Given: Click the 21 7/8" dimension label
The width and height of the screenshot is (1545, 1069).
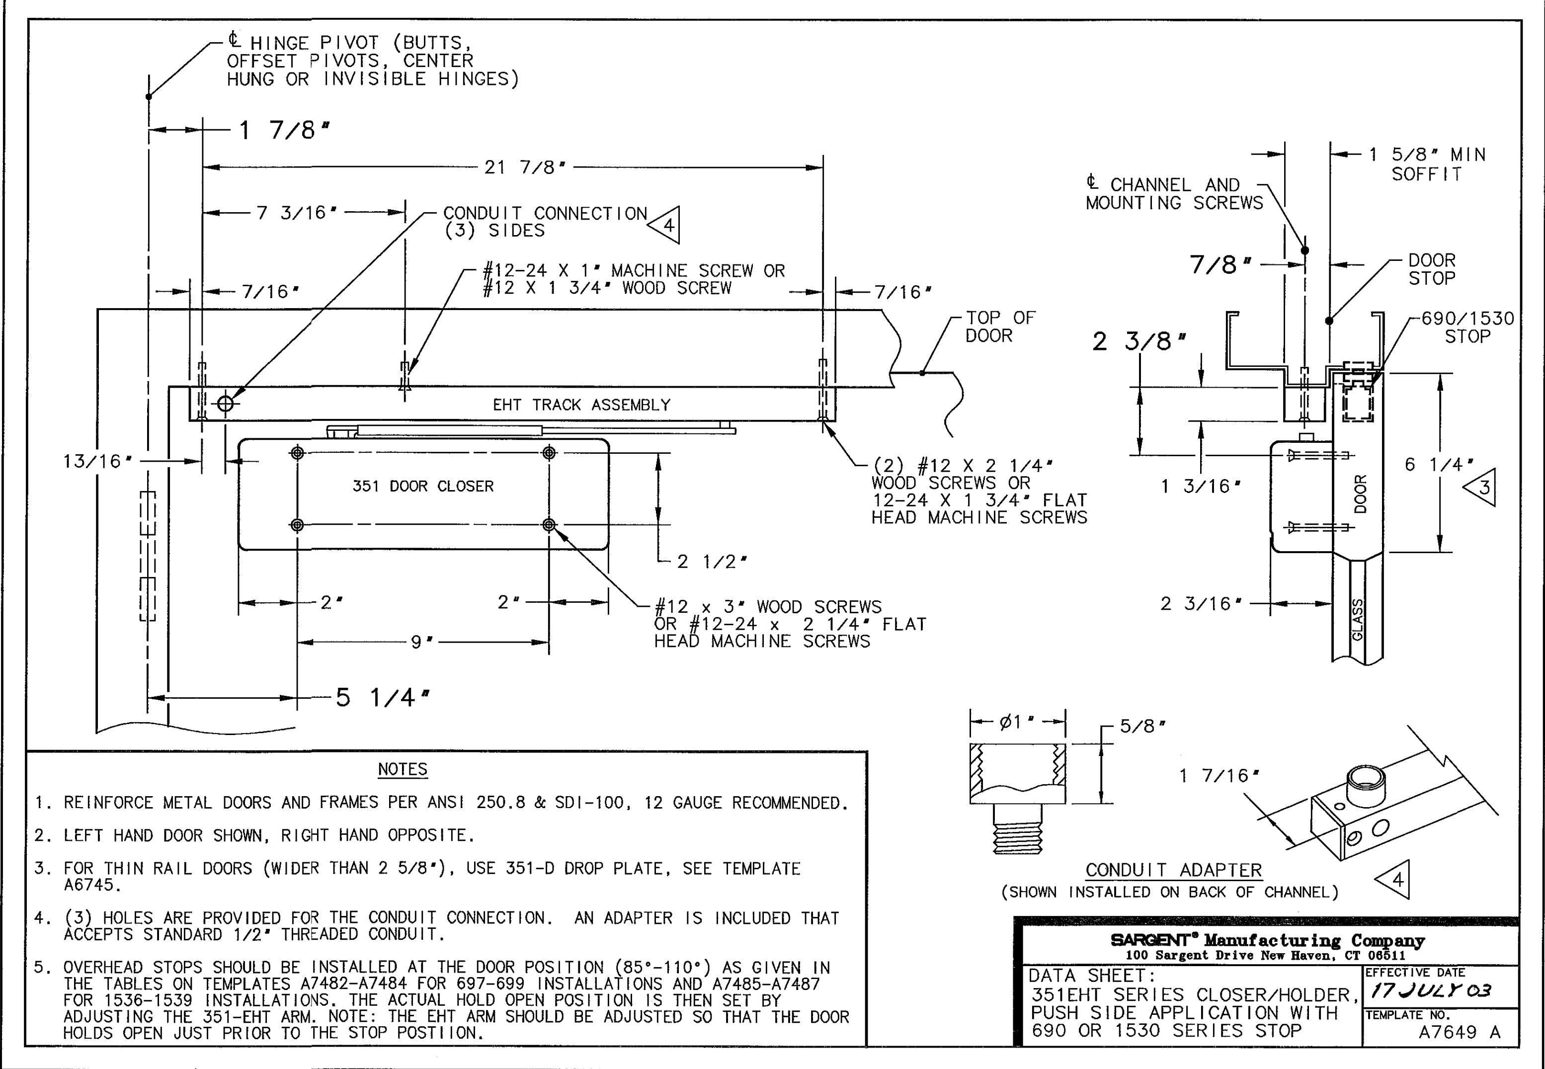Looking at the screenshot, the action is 525,167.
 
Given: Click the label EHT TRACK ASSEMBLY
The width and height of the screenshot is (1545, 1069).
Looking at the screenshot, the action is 581,405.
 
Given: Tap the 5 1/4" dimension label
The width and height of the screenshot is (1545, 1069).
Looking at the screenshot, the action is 383,698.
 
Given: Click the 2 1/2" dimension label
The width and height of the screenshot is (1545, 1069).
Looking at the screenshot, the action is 712,561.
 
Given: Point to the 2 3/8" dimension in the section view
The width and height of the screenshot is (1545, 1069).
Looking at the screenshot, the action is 1139,341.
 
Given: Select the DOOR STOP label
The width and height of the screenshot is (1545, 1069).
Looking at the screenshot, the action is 1432,269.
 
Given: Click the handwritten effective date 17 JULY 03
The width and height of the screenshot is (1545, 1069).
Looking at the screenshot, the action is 1431,990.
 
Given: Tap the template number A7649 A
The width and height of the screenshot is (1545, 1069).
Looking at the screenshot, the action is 1460,1032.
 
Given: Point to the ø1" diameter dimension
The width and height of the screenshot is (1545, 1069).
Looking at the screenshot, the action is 1017,722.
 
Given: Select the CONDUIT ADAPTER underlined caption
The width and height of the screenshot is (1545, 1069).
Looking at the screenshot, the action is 1173,870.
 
